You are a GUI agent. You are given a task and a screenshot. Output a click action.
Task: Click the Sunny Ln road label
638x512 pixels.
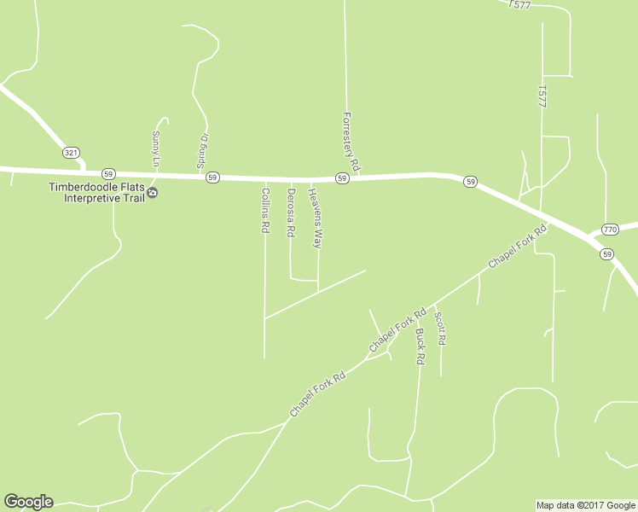point(156,147)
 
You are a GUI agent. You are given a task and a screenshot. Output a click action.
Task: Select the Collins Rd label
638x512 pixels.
point(265,212)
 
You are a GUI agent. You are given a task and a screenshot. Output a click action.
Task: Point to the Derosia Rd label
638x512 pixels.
point(291,212)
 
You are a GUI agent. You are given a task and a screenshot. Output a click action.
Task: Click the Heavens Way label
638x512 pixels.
point(316,218)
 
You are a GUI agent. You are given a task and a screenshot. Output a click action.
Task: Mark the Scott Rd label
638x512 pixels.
point(440,328)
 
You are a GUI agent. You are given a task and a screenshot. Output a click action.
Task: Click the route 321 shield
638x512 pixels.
point(71,152)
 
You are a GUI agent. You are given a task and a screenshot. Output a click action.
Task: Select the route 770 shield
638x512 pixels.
point(609,230)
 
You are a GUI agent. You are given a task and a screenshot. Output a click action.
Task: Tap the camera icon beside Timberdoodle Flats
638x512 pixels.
point(153,193)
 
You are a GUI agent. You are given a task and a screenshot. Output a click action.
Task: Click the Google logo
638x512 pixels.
point(28,502)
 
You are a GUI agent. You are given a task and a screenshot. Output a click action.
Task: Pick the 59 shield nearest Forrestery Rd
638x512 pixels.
point(341,178)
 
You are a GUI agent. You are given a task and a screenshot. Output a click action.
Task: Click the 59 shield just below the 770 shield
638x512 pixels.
point(606,254)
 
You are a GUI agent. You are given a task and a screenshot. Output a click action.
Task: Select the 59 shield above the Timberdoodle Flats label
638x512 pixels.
point(108,173)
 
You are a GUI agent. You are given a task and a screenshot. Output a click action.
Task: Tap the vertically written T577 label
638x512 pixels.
point(542,96)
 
